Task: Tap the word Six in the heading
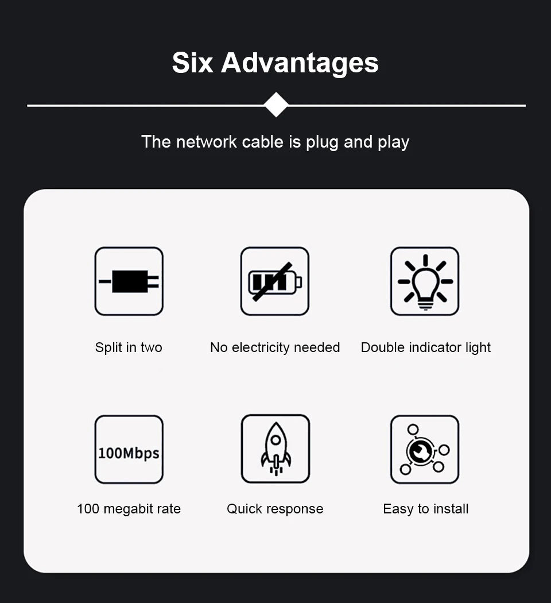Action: point(192,62)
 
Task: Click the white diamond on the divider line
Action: point(276,105)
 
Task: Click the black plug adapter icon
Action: point(129,281)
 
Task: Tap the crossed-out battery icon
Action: point(275,281)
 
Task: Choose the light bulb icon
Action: point(425,281)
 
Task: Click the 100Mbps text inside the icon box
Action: point(129,454)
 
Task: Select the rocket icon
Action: point(276,449)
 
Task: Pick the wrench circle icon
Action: point(424,450)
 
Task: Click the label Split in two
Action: point(129,347)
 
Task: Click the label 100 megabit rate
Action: point(129,509)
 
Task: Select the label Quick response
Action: point(275,509)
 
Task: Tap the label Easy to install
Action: point(426,509)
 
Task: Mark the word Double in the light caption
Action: point(383,347)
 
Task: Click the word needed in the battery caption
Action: point(317,347)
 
